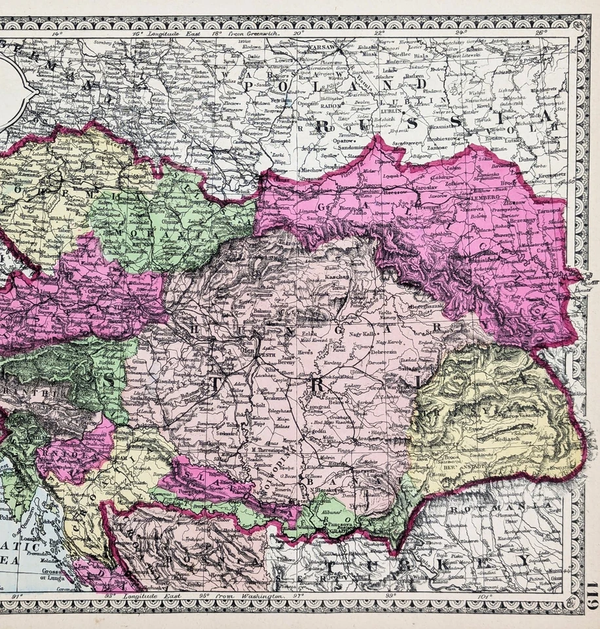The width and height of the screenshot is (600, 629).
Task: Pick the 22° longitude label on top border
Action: coord(379,32)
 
